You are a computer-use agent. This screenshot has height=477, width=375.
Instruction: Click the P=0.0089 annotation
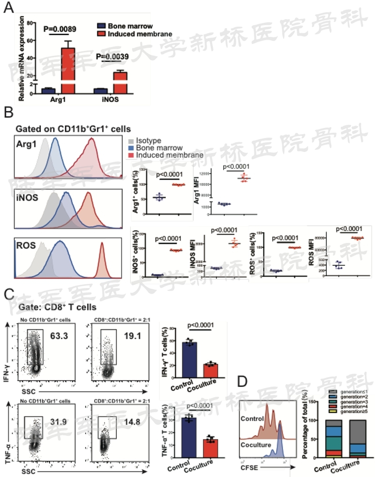point(60,29)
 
